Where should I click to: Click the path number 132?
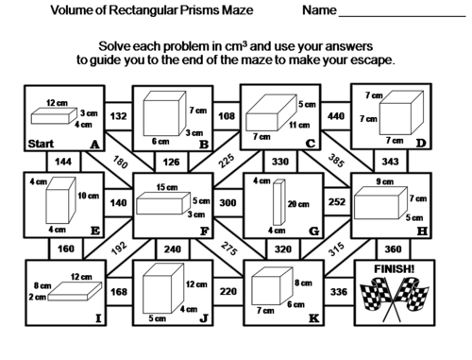point(118,116)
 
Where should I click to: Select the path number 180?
point(120,162)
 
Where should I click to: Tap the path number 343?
point(390,162)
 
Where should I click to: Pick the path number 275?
point(228,249)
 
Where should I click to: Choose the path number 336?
point(339,292)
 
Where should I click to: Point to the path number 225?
point(227,161)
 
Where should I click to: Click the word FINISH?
point(395,269)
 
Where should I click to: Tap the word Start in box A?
point(41,144)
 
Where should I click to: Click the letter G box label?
point(313,231)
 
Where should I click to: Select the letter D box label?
point(421,144)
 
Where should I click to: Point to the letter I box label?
point(98,318)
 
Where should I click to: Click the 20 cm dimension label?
point(298,204)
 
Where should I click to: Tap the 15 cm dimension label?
point(167,187)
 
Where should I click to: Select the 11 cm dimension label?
point(299,125)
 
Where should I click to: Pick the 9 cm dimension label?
point(384,181)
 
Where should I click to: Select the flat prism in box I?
point(75,291)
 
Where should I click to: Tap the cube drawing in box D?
point(401,112)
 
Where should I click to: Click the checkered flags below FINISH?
point(395,300)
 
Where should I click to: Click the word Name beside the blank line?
point(319,10)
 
